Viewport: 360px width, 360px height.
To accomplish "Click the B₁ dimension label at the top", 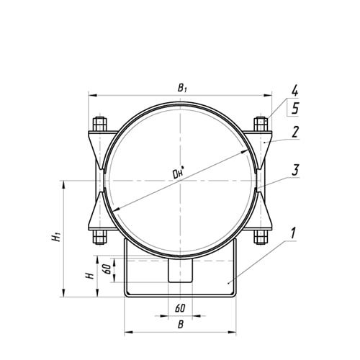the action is [182, 88].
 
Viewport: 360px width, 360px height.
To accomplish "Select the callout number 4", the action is [294, 91].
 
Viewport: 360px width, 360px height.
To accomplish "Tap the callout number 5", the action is [295, 108].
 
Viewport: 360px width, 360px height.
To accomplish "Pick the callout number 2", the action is [295, 132].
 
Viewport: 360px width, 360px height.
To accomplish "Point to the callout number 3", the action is [295, 170].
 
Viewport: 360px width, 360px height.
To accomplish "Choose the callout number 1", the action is [293, 233].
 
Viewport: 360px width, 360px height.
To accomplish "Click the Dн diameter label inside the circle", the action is [179, 173].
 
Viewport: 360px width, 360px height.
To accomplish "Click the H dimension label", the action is [90, 276].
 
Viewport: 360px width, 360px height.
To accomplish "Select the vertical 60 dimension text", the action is [107, 269].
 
